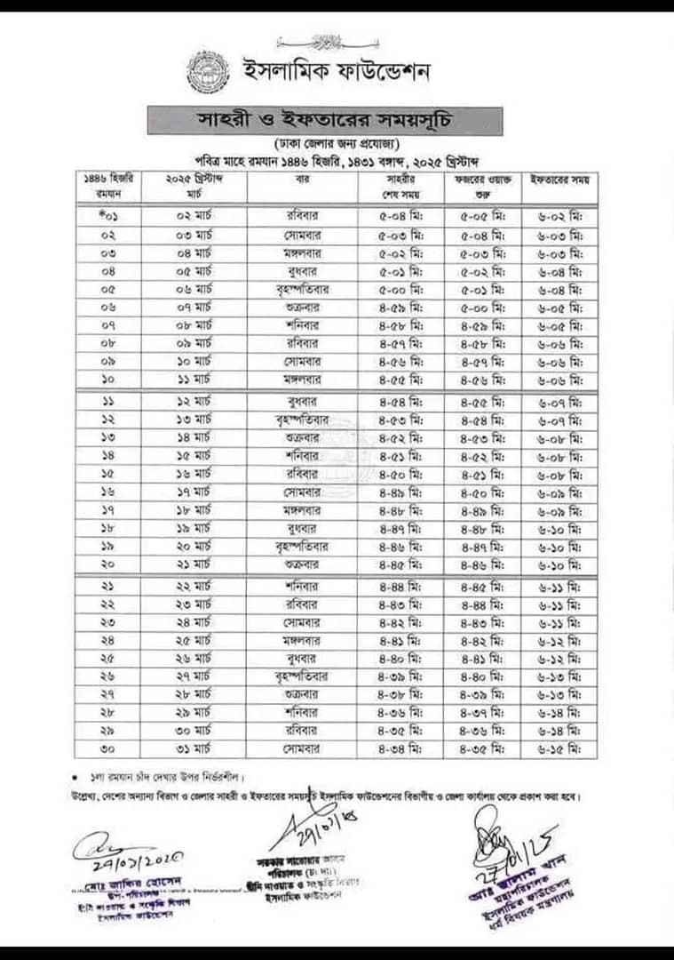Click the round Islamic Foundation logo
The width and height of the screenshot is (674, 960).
coord(208,72)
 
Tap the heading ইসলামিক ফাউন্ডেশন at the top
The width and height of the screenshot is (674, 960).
coord(337,71)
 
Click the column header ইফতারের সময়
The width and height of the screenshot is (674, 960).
coord(559,179)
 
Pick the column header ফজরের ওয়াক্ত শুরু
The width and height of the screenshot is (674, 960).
coord(477,185)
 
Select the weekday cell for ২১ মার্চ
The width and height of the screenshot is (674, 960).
coord(302,564)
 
